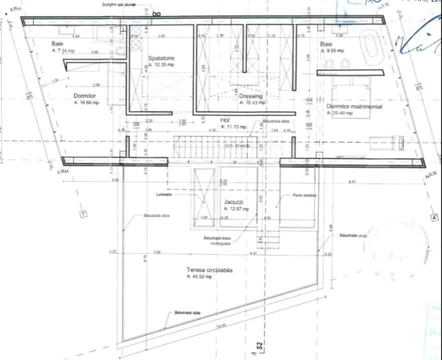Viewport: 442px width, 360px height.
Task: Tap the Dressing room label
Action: click(251, 96)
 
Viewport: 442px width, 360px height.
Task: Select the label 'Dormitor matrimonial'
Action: click(354, 106)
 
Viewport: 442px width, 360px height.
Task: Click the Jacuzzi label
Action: click(233, 201)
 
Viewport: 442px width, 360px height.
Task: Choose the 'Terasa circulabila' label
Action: click(209, 270)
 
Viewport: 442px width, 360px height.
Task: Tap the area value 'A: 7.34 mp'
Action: click(63, 51)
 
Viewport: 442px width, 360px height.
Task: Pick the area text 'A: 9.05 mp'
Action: click(331, 51)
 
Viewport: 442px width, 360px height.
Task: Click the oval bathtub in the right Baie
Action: click(371, 48)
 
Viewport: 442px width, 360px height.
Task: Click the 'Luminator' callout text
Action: click(163, 194)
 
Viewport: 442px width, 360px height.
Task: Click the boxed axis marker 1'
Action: click(83, 214)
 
